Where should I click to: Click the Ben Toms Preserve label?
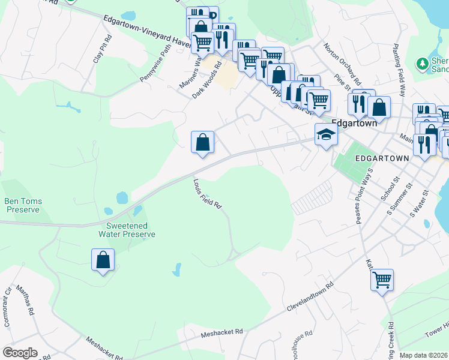point(22,205)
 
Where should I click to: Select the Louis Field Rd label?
point(208,193)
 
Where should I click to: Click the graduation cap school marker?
point(326,134)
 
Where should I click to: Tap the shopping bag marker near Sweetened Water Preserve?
point(103,260)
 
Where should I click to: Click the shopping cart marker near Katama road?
point(382,280)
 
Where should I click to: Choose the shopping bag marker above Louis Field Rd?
point(203,143)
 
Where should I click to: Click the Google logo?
point(20,353)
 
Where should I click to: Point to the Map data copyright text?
point(424,355)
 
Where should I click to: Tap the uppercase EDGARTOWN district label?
point(382,158)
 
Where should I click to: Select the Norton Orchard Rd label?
point(342,64)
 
